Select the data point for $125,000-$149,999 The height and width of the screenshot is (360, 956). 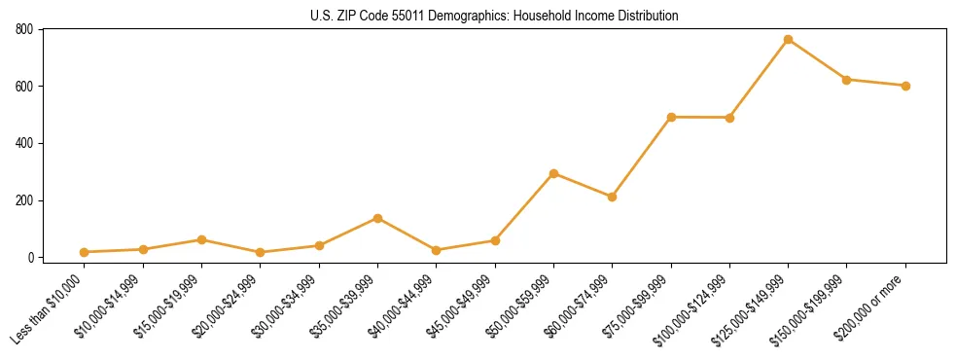pyautogui.click(x=788, y=40)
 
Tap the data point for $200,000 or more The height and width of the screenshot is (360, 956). pyautogui.click(x=905, y=86)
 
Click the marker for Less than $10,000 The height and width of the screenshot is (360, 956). pyautogui.click(x=85, y=252)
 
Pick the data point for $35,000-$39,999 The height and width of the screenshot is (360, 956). pyautogui.click(x=377, y=218)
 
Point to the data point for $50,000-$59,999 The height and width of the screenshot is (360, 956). pyautogui.click(x=553, y=173)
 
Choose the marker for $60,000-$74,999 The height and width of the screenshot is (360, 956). pyautogui.click(x=612, y=197)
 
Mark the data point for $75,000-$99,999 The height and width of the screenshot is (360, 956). pyautogui.click(x=671, y=117)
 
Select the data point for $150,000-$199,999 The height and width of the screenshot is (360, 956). pyautogui.click(x=846, y=80)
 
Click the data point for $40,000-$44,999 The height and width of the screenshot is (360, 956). pyautogui.click(x=436, y=250)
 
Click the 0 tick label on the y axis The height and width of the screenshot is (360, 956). pyautogui.click(x=31, y=258)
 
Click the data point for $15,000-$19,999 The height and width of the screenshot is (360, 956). pyautogui.click(x=201, y=239)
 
